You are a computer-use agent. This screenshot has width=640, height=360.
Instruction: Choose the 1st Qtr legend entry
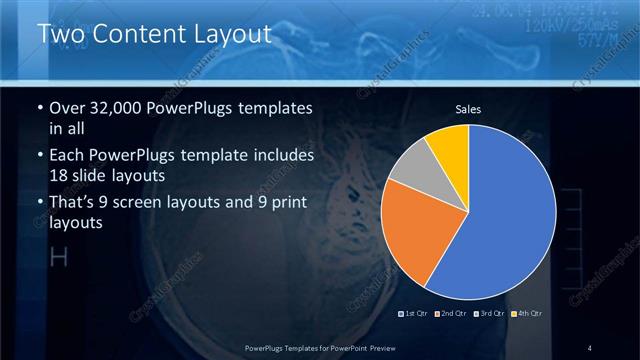point(413,314)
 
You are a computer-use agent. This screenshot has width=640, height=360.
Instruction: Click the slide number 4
point(590,347)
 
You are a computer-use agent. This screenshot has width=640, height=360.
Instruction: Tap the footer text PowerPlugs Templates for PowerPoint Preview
point(319,347)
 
